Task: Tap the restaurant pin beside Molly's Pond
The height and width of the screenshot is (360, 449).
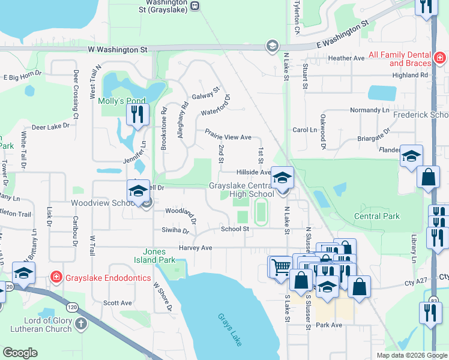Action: tap(137, 114)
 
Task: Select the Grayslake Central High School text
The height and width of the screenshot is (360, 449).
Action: tap(241, 190)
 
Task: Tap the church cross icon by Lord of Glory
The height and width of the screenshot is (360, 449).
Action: tap(81, 325)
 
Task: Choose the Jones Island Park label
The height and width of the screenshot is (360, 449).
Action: tap(159, 256)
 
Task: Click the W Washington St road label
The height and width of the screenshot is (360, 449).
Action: tap(118, 50)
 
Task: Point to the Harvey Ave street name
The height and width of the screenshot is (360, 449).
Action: tap(195, 248)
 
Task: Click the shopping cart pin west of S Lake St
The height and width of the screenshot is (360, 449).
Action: tap(279, 265)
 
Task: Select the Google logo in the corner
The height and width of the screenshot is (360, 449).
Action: tap(20, 352)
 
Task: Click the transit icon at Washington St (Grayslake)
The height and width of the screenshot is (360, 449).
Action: tap(195, 5)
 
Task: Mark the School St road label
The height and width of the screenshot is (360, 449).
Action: tap(235, 229)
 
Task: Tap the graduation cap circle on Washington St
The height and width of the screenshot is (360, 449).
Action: tap(272, 47)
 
